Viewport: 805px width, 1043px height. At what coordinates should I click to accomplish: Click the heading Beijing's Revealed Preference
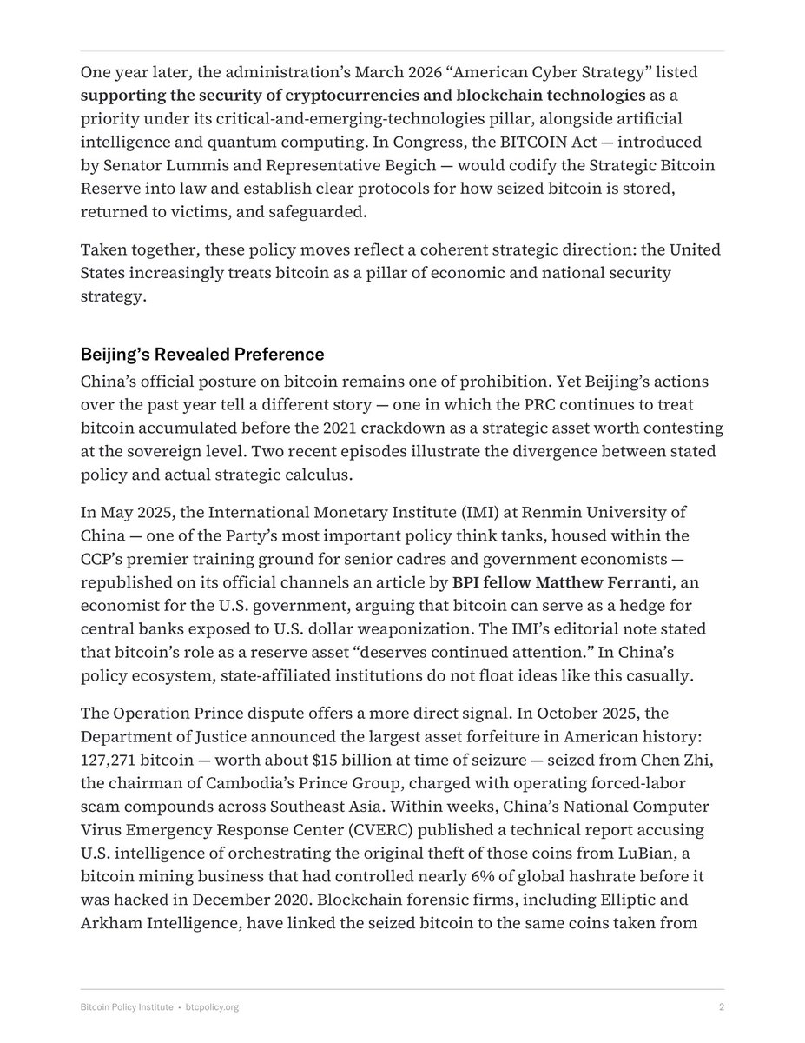(202, 355)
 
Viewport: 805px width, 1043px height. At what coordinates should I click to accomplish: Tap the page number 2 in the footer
(722, 1006)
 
